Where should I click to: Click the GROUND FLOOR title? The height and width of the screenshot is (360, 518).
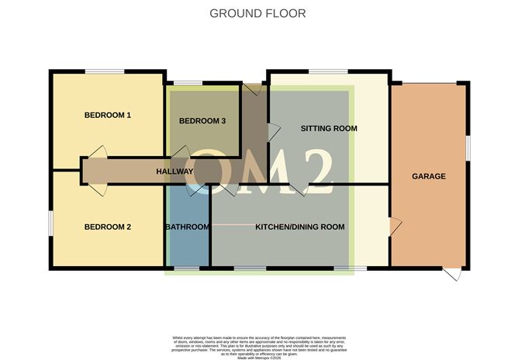pyautogui.click(x=258, y=13)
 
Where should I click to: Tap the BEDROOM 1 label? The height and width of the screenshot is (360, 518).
pyautogui.click(x=107, y=116)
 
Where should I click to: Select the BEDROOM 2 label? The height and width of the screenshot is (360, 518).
pyautogui.click(x=107, y=227)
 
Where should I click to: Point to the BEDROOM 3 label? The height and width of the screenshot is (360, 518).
pyautogui.click(x=202, y=121)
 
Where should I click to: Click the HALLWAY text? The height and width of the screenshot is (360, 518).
pyautogui.click(x=174, y=171)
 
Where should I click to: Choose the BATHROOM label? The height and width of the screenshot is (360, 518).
pyautogui.click(x=187, y=227)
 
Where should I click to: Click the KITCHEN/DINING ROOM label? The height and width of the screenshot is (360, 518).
pyautogui.click(x=300, y=227)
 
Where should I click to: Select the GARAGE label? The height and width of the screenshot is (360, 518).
pyautogui.click(x=429, y=176)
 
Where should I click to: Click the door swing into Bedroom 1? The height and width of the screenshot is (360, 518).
pyautogui.click(x=97, y=151)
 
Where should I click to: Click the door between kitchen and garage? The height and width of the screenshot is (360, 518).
pyautogui.click(x=395, y=226)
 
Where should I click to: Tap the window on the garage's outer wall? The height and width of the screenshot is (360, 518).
pyautogui.click(x=468, y=147)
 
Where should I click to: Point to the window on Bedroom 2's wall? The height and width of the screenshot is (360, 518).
pyautogui.click(x=51, y=221)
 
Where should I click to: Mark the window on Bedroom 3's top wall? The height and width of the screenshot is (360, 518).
pyautogui.click(x=187, y=83)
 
